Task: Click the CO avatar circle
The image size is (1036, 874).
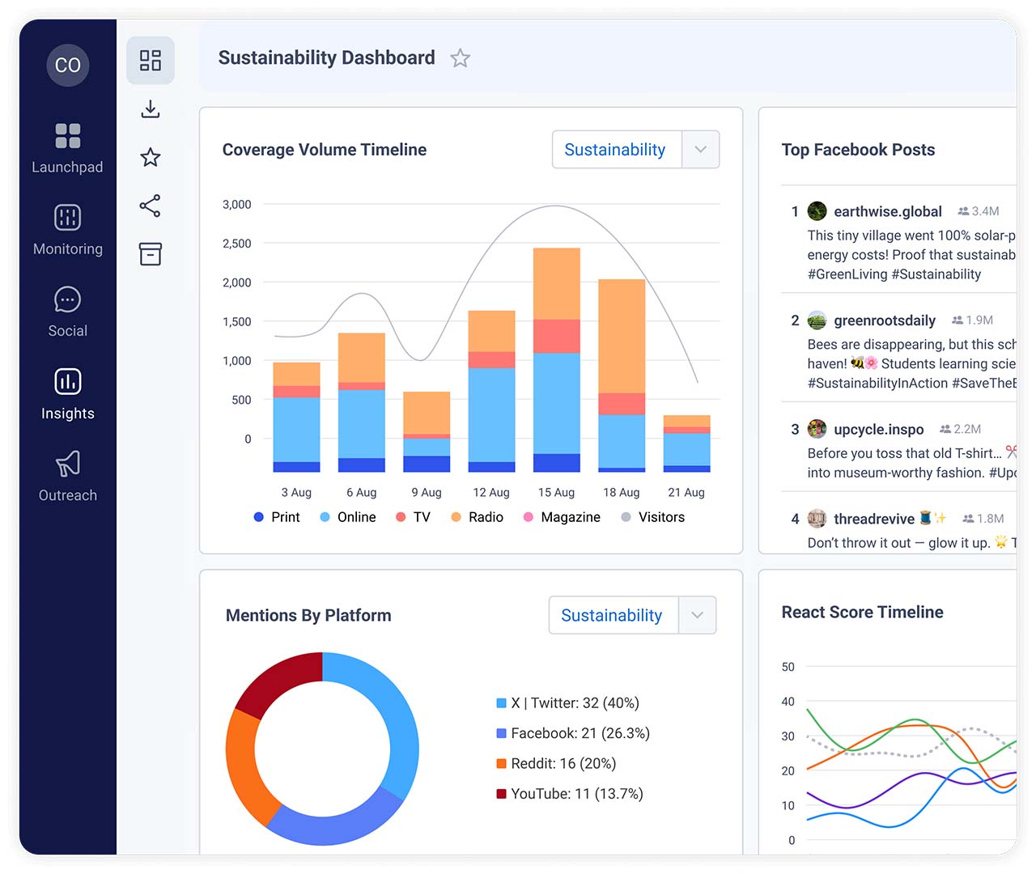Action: [68, 65]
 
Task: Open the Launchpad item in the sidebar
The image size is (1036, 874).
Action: [68, 147]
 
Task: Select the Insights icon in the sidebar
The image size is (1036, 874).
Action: [68, 381]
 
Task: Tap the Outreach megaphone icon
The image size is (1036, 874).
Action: [68, 464]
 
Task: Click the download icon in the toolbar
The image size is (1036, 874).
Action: [151, 109]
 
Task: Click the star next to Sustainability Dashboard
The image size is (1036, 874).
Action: [460, 58]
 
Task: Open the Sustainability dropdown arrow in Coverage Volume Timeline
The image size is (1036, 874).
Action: [700, 150]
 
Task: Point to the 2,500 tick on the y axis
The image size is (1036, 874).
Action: [236, 244]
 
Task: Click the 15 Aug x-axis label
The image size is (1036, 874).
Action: [556, 492]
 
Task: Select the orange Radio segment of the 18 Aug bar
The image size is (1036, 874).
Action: [622, 336]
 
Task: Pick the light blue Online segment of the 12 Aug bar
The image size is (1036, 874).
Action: [491, 414]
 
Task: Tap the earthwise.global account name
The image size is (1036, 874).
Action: [887, 211]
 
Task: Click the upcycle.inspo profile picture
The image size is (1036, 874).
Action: [817, 429]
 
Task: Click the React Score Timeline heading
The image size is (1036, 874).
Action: [862, 613]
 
